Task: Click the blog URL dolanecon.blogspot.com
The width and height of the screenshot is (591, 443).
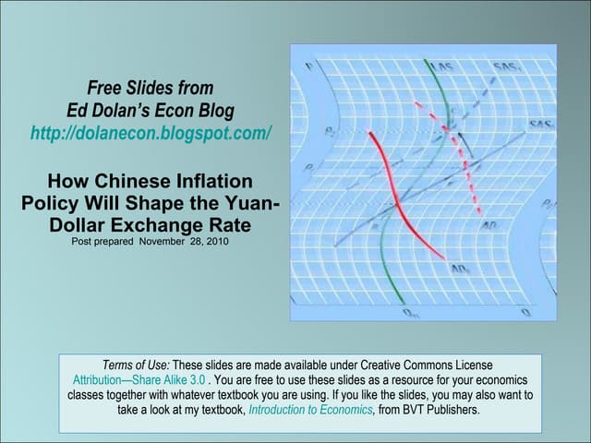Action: pos(151,133)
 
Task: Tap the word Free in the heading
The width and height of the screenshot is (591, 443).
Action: pos(104,89)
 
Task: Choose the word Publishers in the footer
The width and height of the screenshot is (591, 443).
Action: pos(452,411)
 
